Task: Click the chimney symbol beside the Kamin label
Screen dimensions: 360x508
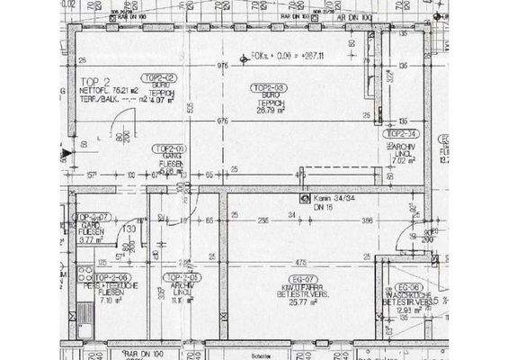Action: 304,198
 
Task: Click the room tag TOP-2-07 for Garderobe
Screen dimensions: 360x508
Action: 92,217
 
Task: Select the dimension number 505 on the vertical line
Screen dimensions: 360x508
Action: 190,108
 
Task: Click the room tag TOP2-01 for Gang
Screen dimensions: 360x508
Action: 169,148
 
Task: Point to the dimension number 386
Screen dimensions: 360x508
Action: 367,220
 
